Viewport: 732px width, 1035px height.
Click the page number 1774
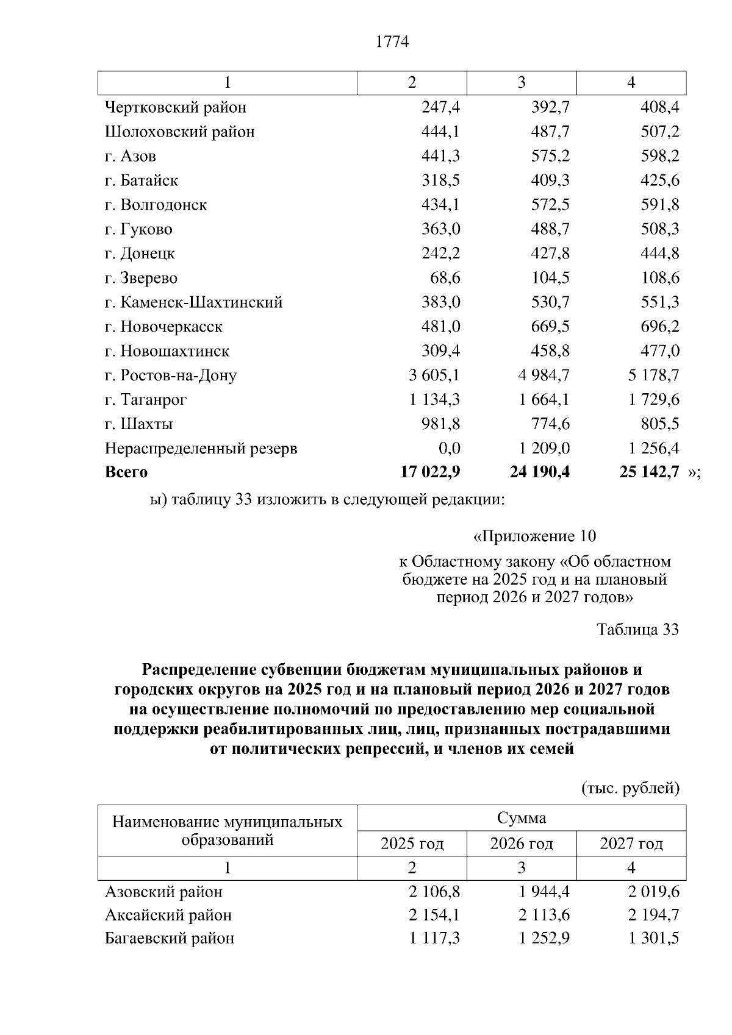(x=392, y=42)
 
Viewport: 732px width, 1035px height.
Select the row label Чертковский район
(x=176, y=108)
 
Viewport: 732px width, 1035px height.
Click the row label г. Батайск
(x=142, y=181)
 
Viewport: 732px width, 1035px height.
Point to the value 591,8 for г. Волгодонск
(x=659, y=205)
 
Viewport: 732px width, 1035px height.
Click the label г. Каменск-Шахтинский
(x=193, y=302)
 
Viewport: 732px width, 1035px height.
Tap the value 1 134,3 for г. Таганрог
(x=434, y=400)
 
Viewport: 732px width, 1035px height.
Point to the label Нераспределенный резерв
(x=201, y=449)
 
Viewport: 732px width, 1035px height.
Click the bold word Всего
(x=126, y=472)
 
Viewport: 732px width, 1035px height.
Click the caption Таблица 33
(x=637, y=630)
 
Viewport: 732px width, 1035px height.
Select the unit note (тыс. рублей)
(x=630, y=789)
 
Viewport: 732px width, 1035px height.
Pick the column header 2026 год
(x=522, y=844)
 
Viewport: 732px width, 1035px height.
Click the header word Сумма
(x=522, y=818)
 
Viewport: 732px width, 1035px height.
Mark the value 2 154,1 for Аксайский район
(x=434, y=916)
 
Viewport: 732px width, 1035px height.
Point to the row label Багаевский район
(x=170, y=939)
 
